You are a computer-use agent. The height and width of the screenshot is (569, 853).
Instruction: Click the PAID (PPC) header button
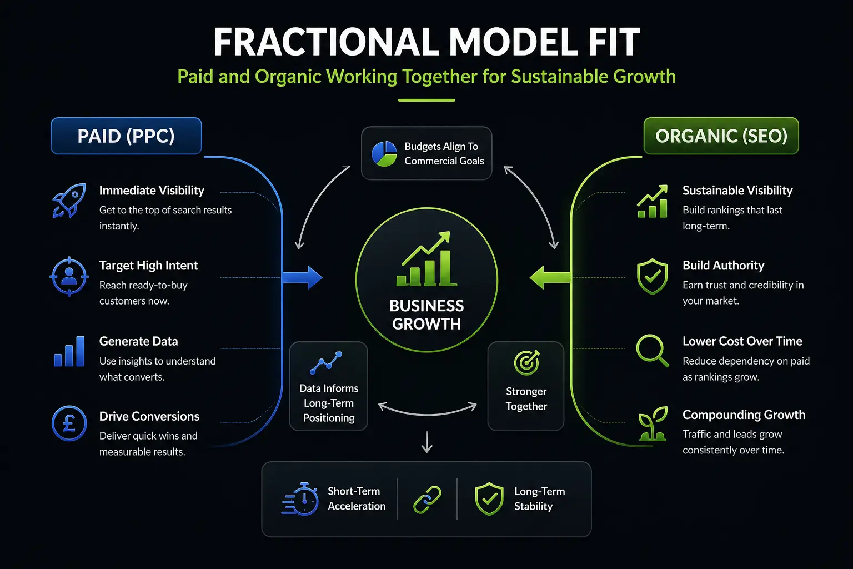(x=126, y=136)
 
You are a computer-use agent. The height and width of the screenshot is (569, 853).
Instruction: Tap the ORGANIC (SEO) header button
(x=721, y=136)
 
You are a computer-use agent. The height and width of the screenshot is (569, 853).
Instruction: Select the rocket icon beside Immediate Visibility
(x=69, y=201)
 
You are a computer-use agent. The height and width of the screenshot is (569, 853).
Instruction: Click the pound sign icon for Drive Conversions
(x=69, y=423)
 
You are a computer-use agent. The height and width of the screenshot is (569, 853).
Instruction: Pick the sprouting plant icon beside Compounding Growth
(x=653, y=424)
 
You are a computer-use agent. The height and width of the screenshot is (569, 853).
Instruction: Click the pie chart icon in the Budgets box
(x=384, y=153)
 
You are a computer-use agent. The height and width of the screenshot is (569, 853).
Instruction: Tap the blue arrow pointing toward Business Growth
(x=302, y=277)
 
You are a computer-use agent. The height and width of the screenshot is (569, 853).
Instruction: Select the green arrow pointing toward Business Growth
(x=550, y=277)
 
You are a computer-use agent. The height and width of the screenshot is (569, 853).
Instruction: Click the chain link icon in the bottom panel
(x=427, y=500)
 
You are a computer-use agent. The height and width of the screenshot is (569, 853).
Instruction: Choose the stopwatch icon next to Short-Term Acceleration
(x=300, y=499)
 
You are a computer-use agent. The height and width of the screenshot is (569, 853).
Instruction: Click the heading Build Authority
(x=723, y=265)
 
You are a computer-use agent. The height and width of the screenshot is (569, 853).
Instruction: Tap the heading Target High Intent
(x=148, y=266)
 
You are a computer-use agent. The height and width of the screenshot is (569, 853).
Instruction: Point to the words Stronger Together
(x=526, y=398)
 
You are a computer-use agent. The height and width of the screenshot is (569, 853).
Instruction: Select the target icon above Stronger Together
(x=526, y=362)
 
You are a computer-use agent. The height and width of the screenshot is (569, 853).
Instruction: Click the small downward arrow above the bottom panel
(x=427, y=442)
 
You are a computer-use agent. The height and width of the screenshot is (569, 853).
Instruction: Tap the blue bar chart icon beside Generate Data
(x=69, y=351)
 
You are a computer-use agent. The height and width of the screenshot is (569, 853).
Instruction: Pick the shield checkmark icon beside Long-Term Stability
(x=489, y=499)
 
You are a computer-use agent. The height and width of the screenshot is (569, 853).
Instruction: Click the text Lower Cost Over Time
(x=742, y=341)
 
